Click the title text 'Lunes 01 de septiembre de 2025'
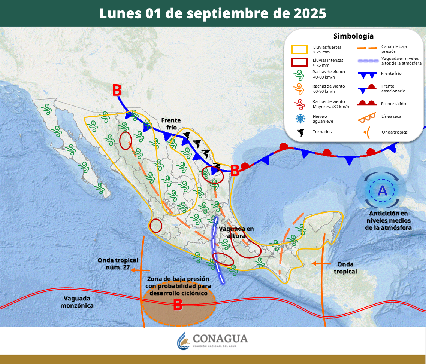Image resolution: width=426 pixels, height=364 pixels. pos(213,13)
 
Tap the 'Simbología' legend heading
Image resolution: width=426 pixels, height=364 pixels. pos(353,36)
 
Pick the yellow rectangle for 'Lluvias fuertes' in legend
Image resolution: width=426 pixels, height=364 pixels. pos(299,49)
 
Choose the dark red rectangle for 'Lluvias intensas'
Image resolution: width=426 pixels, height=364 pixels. pos(299,62)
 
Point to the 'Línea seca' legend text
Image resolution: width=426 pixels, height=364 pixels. pos(391,116)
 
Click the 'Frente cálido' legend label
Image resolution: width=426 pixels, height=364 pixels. pos(393,104)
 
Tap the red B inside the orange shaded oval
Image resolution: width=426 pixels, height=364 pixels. pos(178,305)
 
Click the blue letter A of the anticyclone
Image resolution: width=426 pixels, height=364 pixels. pos(382,191)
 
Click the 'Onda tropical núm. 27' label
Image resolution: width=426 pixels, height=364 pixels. pos(118,264)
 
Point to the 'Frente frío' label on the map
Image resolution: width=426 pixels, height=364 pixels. pos(171,124)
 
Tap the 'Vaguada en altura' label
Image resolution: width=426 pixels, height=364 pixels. pos(236,232)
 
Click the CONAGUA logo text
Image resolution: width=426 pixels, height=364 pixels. pos(220,339)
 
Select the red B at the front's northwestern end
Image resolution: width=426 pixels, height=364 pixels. pos(117,90)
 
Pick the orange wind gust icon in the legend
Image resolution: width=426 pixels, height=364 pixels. pos(300,88)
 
